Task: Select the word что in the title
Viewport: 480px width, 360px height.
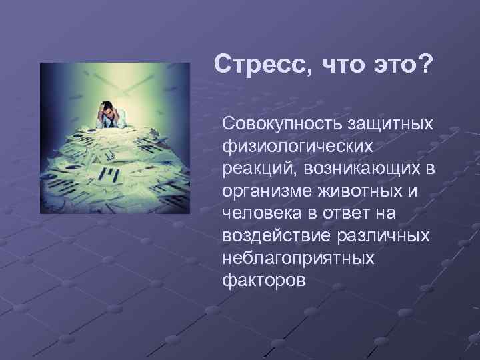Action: pos(337,66)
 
